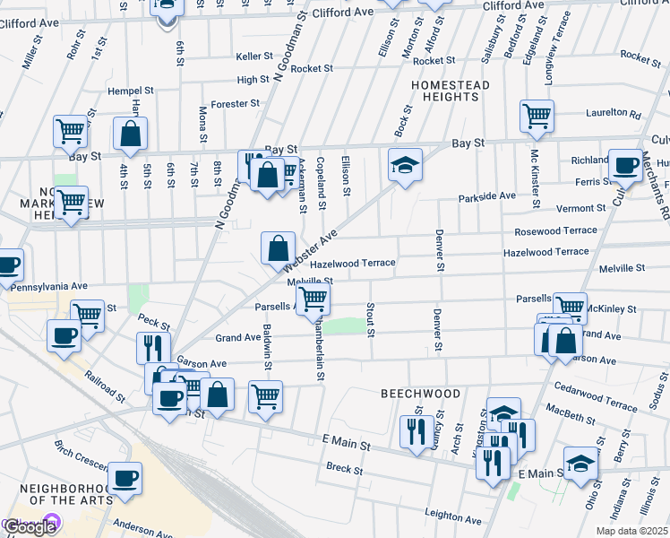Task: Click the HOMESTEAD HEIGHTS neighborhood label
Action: click(445, 90)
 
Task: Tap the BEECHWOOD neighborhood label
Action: click(420, 394)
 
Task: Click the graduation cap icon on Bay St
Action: click(405, 165)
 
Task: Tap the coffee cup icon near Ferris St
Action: click(625, 165)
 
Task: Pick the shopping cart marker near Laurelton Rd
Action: click(537, 116)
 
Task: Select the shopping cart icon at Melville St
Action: click(313, 298)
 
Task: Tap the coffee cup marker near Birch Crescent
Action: click(125, 478)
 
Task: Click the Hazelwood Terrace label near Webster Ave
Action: click(352, 264)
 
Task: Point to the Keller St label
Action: click(253, 56)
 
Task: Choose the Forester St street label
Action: click(235, 104)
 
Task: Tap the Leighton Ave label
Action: click(454, 516)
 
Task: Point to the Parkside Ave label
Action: click(487, 195)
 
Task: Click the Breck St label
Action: click(344, 469)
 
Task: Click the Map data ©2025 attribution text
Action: click(631, 531)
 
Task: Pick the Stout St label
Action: click(370, 320)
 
